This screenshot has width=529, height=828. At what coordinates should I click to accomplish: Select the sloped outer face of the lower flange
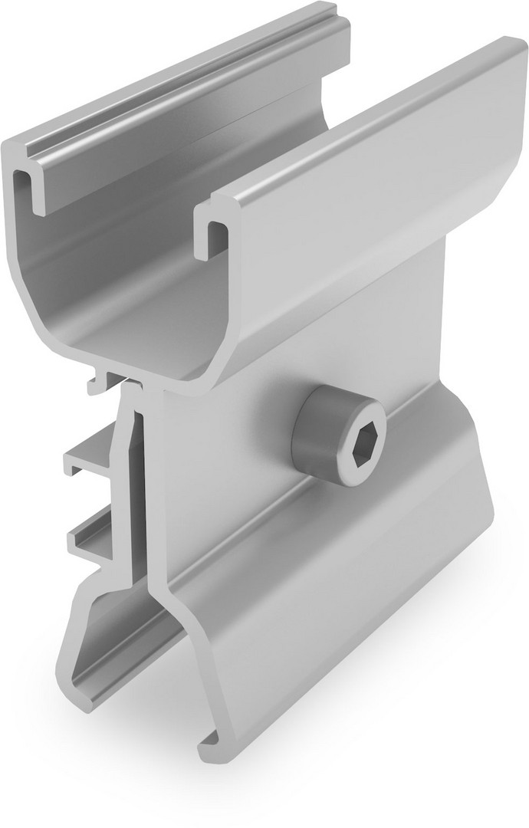pos(345,606)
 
